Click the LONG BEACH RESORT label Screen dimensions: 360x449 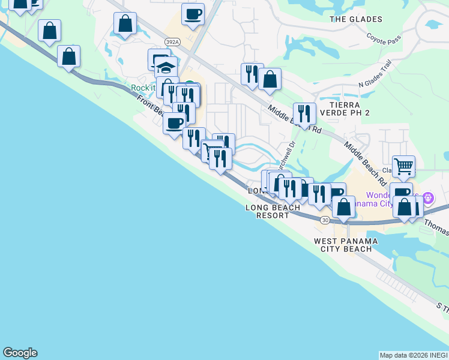coord(273,211)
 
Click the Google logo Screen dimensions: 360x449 coord(20,353)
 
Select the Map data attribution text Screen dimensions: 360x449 coord(414,355)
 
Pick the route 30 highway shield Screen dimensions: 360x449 coord(325,220)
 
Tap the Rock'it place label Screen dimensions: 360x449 coord(143,88)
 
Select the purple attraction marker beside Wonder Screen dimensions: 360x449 coord(427,197)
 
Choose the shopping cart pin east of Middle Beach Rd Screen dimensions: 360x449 coord(403,165)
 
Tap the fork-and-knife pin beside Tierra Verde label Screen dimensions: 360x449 coord(304,112)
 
